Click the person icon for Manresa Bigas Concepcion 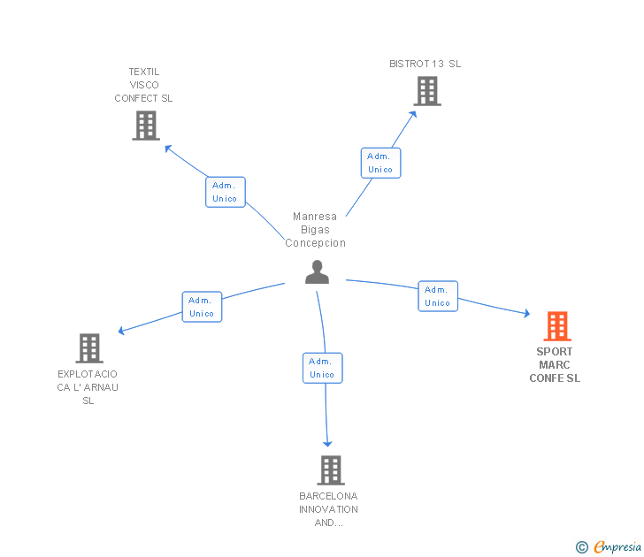pos(317,272)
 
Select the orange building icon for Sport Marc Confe pos(556,326)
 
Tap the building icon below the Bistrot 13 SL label pos(426,91)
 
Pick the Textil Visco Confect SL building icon pos(145,126)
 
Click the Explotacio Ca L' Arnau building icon pos(89,348)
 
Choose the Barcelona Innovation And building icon pos(330,470)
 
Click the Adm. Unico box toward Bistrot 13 pos(380,163)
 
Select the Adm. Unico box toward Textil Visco pos(225,192)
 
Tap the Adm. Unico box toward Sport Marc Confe pos(437,296)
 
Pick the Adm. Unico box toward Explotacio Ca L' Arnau pos(201,307)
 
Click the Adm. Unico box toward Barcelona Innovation pos(322,368)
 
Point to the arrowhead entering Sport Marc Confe pos(526,314)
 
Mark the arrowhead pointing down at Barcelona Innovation pos(328,443)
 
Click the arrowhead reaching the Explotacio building pos(122,332)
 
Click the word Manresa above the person pos(315,217)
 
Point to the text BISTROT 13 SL pos(425,64)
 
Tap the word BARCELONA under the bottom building pos(328,496)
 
